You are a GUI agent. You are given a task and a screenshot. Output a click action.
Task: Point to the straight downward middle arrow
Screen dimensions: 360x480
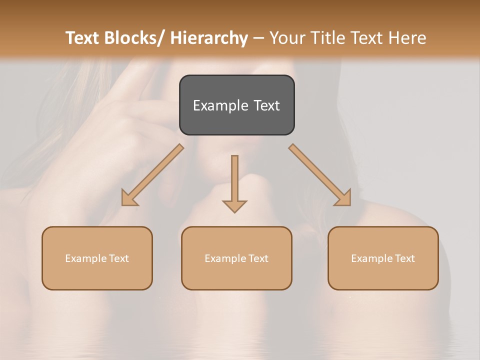click(234, 180)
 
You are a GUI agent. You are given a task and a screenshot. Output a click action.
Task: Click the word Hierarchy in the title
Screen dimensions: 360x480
click(209, 38)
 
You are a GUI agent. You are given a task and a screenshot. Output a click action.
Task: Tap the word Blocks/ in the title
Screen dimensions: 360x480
click(131, 38)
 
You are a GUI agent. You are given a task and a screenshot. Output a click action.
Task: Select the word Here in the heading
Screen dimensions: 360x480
click(406, 38)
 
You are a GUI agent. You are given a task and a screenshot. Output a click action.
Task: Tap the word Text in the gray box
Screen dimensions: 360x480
click(266, 105)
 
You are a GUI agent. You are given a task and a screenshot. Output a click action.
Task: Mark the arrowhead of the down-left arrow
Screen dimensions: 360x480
click(129, 198)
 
